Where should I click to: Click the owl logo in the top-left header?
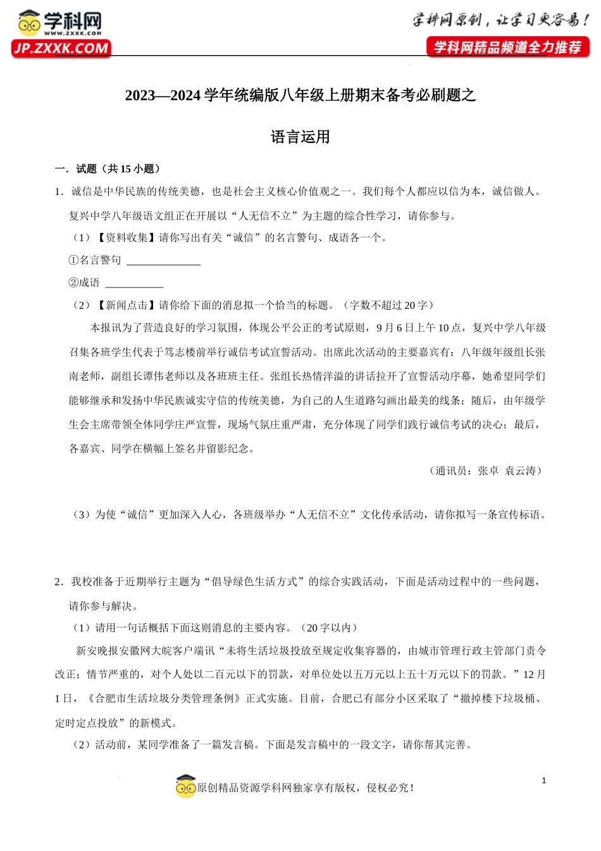pos(30,23)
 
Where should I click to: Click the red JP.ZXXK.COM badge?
pos(61,49)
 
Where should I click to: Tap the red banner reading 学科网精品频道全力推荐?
pos(507,47)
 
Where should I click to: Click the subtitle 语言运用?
pos(300,137)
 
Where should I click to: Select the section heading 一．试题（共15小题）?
pos(108,168)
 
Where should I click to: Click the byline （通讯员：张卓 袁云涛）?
pos(485,470)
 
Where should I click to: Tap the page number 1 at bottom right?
pos(543,781)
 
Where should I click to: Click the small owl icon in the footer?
pos(186,787)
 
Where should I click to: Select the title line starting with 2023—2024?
pos(300,96)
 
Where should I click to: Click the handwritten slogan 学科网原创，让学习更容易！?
pos(500,20)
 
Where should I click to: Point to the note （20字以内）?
pos(328,627)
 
